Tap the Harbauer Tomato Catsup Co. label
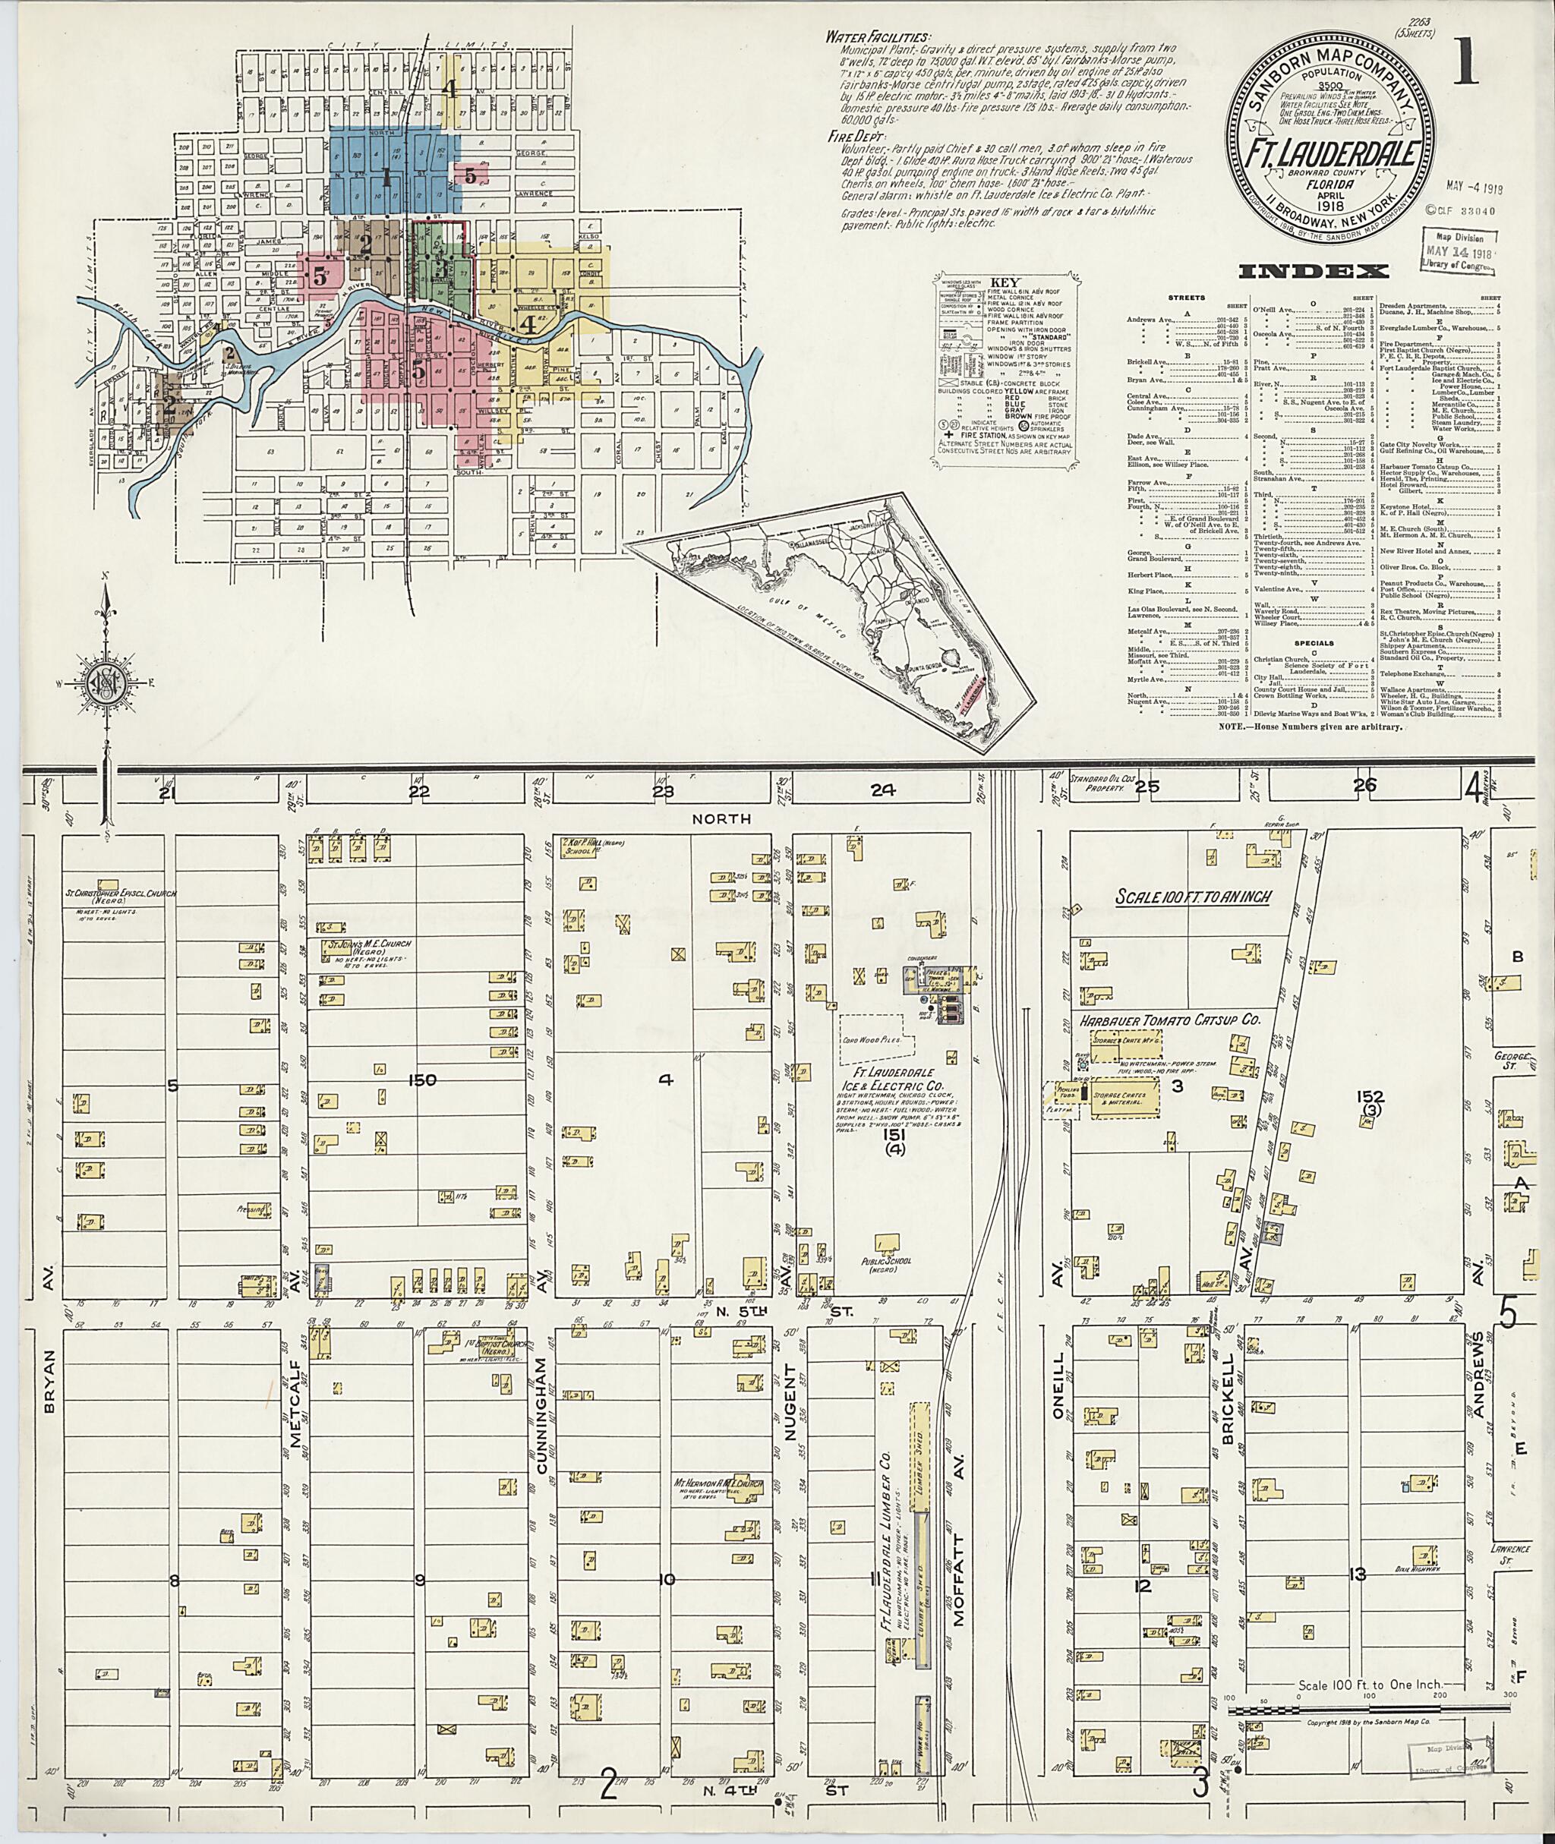(x=1169, y=1019)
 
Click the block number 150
(x=422, y=1079)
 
